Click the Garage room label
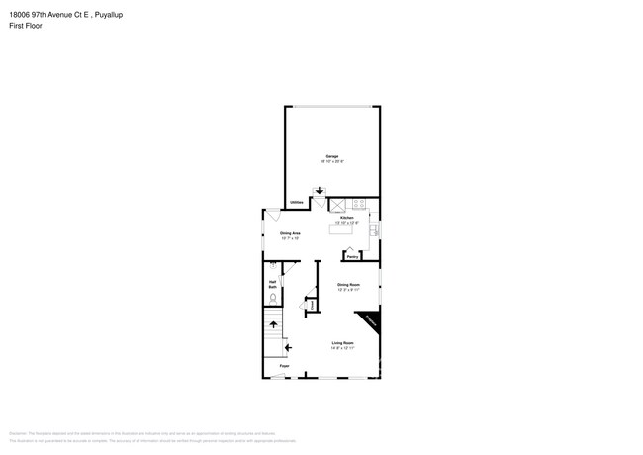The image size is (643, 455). (x=332, y=156)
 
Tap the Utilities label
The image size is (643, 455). (x=297, y=203)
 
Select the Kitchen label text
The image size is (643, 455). (x=347, y=218)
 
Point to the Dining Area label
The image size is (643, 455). (x=290, y=233)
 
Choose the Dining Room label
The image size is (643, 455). (x=348, y=284)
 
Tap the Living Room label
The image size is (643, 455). (x=342, y=342)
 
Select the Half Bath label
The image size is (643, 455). (x=272, y=284)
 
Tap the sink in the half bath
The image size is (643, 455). (x=272, y=267)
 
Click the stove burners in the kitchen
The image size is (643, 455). (x=359, y=204)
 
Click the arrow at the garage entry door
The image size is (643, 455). (x=320, y=191)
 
